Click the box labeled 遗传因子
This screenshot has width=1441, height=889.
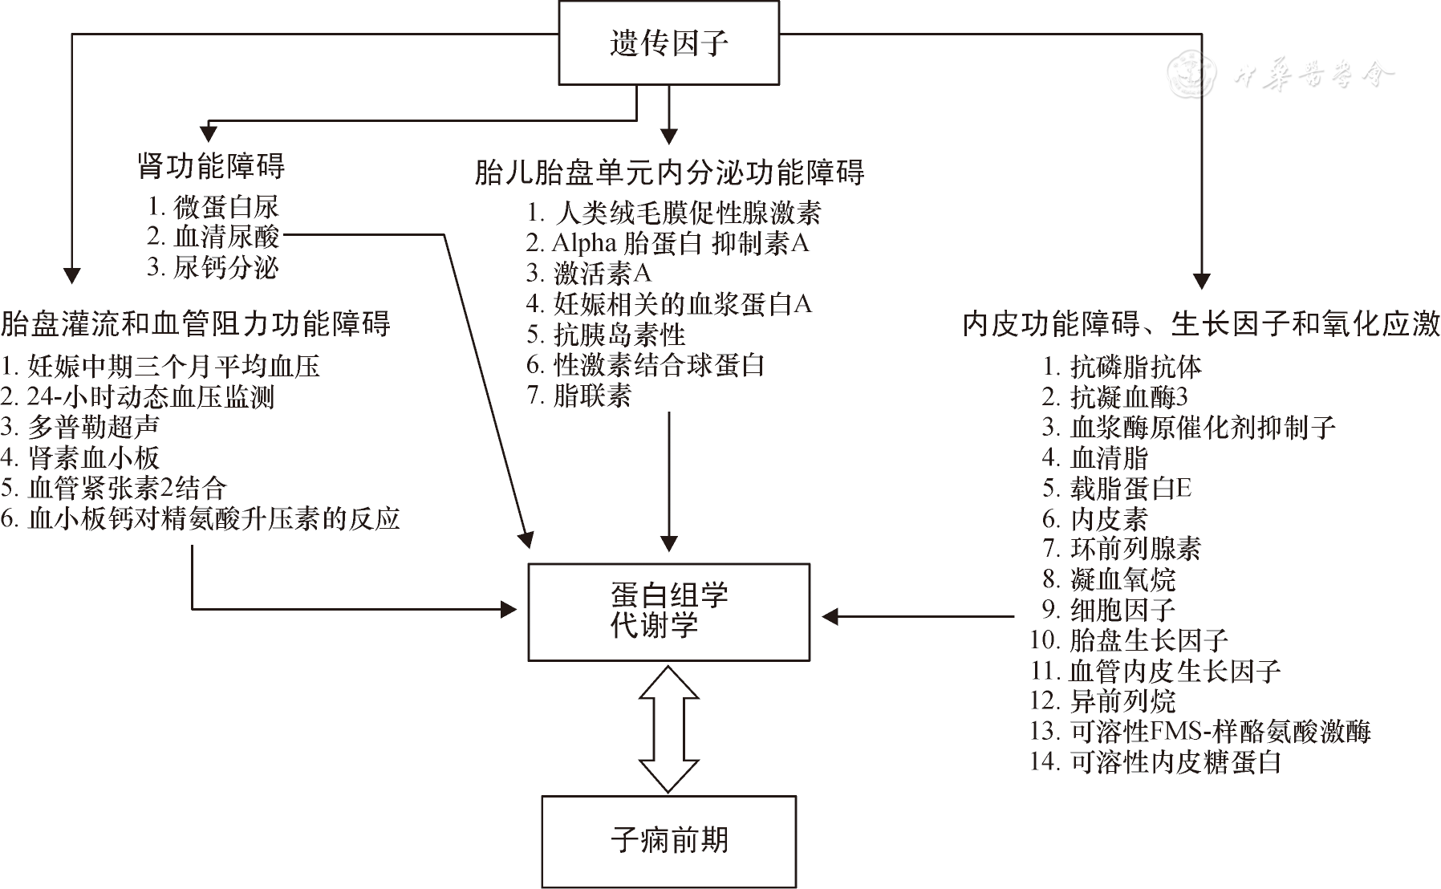tap(668, 43)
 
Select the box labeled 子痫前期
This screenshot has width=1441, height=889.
tap(668, 841)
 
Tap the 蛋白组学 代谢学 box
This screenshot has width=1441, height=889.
tap(668, 611)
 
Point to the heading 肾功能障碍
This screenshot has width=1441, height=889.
tap(211, 166)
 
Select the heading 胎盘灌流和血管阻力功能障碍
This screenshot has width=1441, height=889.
tap(196, 323)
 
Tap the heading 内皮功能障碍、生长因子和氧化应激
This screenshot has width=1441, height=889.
tap(1201, 324)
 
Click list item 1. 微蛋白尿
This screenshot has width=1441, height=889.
tap(213, 207)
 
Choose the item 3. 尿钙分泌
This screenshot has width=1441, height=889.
tap(213, 267)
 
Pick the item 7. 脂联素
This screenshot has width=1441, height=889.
tap(579, 396)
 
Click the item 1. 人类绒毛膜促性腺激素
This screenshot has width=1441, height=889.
tap(674, 213)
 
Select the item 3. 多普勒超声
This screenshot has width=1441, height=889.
tap(80, 427)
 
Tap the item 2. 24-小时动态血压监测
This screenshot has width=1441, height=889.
tap(137, 396)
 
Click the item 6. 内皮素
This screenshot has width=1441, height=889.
tap(1095, 519)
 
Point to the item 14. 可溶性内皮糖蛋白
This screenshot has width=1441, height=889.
tap(1155, 761)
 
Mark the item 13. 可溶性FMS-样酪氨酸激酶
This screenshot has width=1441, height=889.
tap(1200, 731)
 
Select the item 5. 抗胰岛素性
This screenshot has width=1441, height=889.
tap(607, 335)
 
